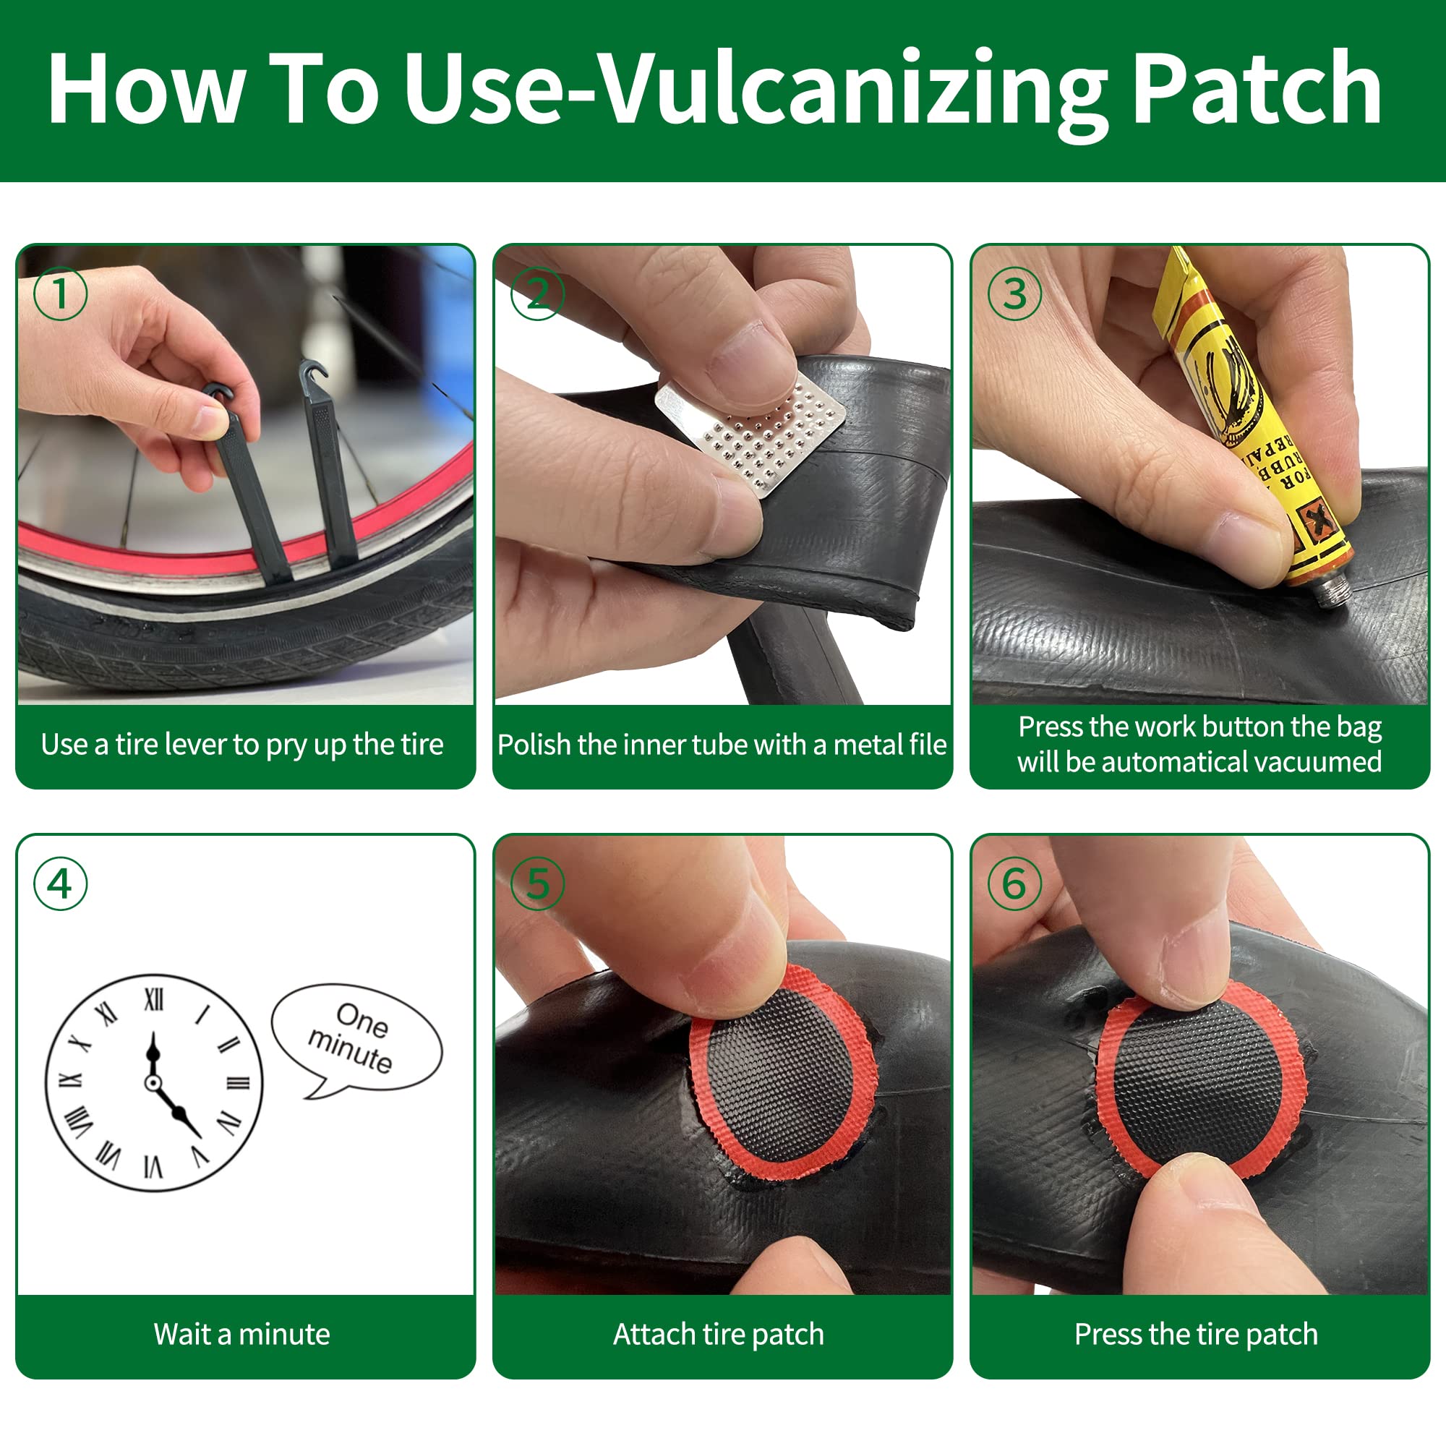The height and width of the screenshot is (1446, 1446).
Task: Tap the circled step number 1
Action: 61,294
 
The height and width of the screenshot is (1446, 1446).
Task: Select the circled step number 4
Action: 61,884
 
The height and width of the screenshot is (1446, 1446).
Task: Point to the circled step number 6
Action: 1015,884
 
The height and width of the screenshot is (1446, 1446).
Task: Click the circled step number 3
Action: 1015,294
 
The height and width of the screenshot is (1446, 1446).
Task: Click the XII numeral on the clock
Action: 153,998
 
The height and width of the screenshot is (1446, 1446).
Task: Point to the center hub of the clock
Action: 153,1083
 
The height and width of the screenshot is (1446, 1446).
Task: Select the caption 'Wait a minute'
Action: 241,1335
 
